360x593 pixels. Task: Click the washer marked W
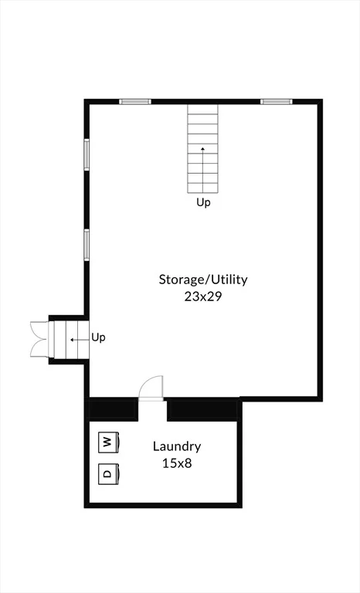click(109, 442)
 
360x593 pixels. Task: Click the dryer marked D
click(109, 474)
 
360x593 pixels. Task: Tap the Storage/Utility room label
click(203, 280)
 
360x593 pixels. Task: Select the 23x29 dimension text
click(203, 296)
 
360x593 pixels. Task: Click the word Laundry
click(177, 447)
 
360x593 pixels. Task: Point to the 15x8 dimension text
click(177, 463)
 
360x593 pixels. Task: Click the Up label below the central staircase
click(203, 203)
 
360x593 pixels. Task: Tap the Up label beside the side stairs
click(98, 337)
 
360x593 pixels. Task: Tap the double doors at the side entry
click(39, 339)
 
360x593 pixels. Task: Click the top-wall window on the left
click(135, 101)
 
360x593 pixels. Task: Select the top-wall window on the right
click(277, 101)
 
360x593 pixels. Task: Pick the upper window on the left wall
click(87, 154)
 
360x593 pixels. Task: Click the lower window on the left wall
click(87, 245)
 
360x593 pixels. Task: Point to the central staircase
click(202, 148)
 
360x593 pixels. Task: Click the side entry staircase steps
click(70, 340)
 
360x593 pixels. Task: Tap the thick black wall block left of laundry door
click(112, 408)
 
